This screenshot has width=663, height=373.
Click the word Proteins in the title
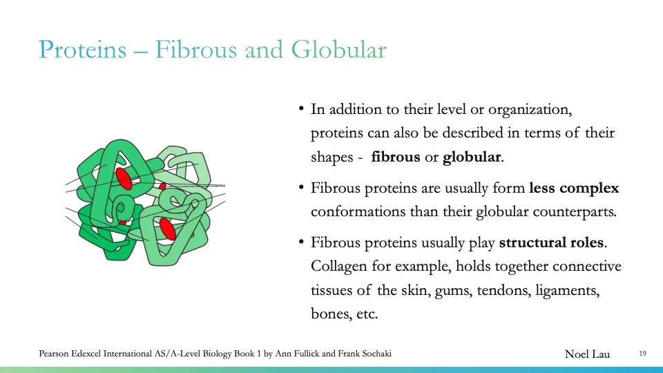point(82,50)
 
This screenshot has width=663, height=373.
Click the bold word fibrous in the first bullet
point(396,157)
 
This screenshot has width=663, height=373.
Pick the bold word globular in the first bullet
point(472,157)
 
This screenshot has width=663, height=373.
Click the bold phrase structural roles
point(551,242)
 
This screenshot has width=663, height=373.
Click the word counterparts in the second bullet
point(577,212)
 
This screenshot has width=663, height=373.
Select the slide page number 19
point(642,354)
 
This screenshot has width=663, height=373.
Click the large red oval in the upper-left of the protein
point(124,178)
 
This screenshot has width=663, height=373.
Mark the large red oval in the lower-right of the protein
point(167,229)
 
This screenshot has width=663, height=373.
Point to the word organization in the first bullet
point(529,109)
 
